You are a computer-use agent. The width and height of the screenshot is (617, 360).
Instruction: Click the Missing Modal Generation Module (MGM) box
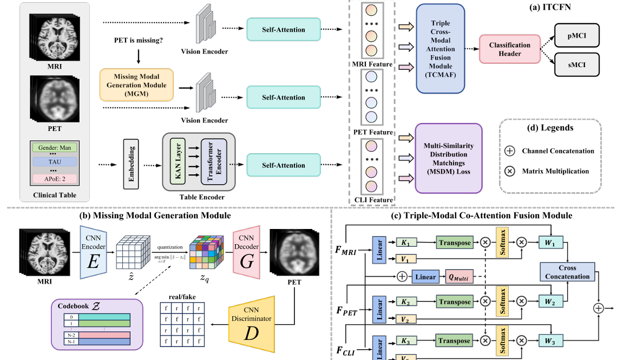click(136, 86)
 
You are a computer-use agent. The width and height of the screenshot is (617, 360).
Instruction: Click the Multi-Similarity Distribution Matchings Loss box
click(448, 158)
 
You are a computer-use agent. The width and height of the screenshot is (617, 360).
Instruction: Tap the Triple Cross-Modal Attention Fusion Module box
click(441, 49)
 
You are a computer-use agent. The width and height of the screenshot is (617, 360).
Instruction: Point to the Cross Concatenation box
click(567, 272)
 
